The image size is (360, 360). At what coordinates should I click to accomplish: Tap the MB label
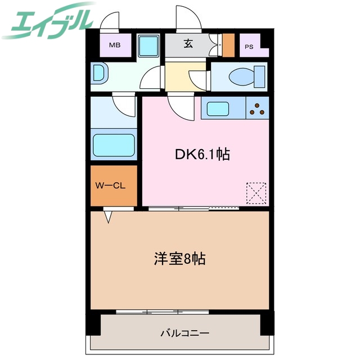(x=115, y=45)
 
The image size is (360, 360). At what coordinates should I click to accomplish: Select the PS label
(x=249, y=47)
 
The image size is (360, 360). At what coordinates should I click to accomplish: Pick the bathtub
(x=114, y=146)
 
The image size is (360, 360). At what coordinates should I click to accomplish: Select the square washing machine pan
(x=149, y=45)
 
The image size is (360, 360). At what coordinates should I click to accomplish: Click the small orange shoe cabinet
(x=228, y=45)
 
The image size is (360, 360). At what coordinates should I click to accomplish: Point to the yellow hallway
(x=177, y=79)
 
